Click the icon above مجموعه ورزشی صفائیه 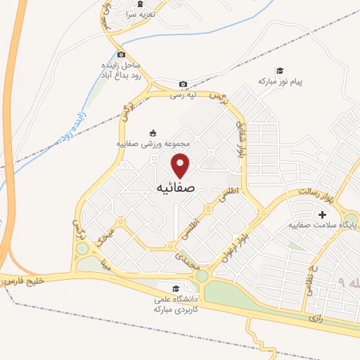(154, 132)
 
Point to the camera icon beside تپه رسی (183, 84)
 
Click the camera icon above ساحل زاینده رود (122, 55)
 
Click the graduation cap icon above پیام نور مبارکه (279, 70)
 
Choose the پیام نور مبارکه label (280, 82)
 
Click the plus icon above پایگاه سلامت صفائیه (323, 214)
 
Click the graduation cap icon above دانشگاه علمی (176, 288)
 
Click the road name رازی (315, 319)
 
